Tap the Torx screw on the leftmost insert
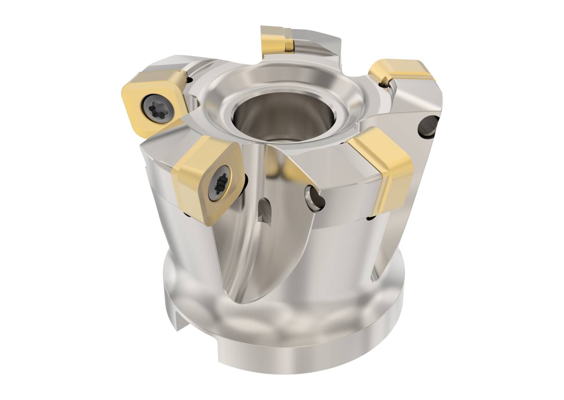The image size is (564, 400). coord(155,105)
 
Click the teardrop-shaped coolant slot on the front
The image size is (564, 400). coord(265,210)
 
